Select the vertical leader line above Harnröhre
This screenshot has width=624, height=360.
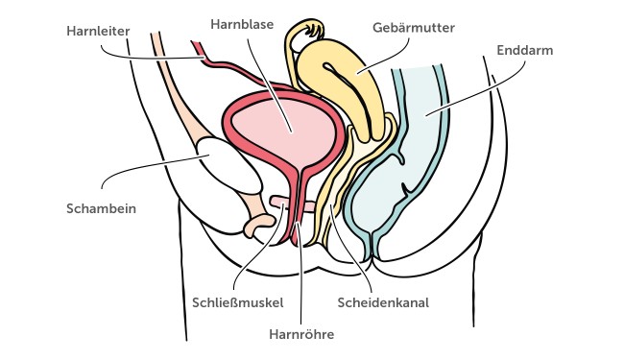click(300, 288)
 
